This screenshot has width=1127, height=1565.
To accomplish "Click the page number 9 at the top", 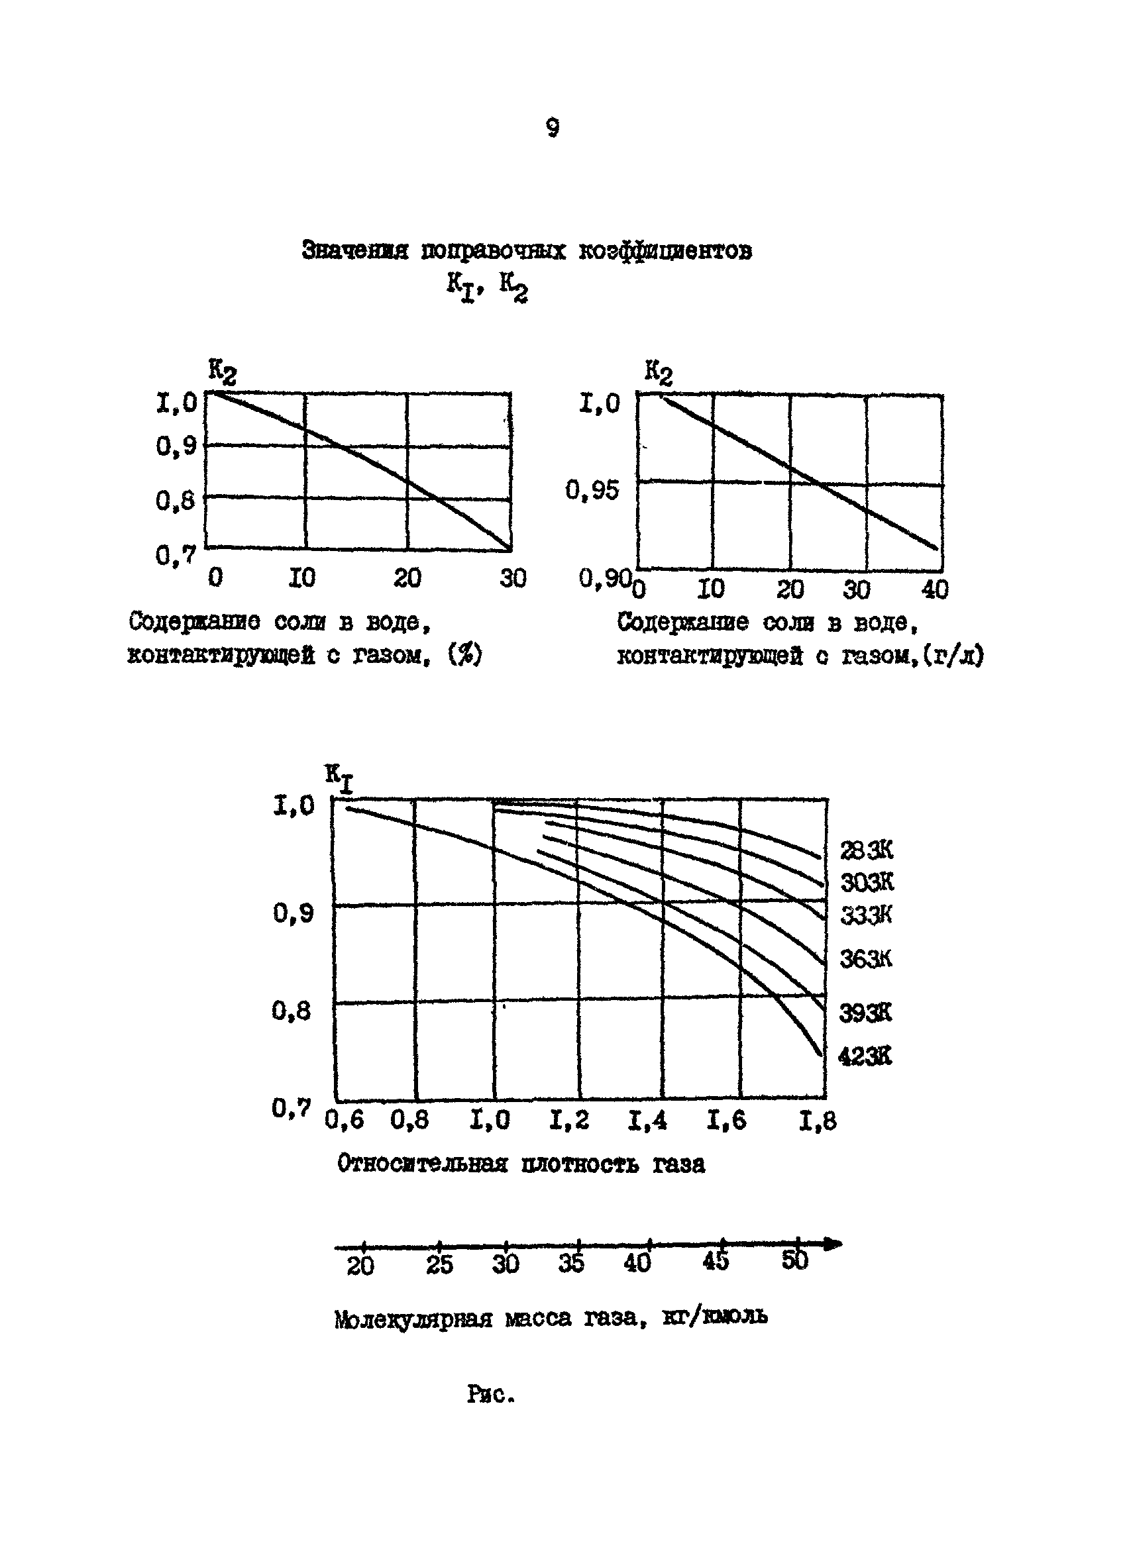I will point(552,128).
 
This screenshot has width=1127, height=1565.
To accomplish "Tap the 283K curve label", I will point(866,850).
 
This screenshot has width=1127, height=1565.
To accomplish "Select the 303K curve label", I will point(867,882).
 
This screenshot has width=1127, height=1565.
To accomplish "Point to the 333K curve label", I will point(866,916).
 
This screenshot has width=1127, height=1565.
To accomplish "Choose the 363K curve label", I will point(865,958).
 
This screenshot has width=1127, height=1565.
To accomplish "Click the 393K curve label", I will point(865,1013).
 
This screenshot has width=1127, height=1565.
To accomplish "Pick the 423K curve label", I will point(865,1056).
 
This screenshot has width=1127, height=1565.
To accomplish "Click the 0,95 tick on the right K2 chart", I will point(592,491).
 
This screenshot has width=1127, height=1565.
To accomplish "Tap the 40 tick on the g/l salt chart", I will point(934,589).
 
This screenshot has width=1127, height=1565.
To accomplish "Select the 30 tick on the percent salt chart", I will point(513,578).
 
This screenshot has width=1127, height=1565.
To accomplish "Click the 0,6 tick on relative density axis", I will point(345,1121).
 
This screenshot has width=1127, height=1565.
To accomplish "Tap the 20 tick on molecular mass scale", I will point(360,1266).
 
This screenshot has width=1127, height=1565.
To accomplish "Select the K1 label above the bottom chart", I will point(339,778).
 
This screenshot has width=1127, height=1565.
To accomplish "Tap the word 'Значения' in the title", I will point(355,250).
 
